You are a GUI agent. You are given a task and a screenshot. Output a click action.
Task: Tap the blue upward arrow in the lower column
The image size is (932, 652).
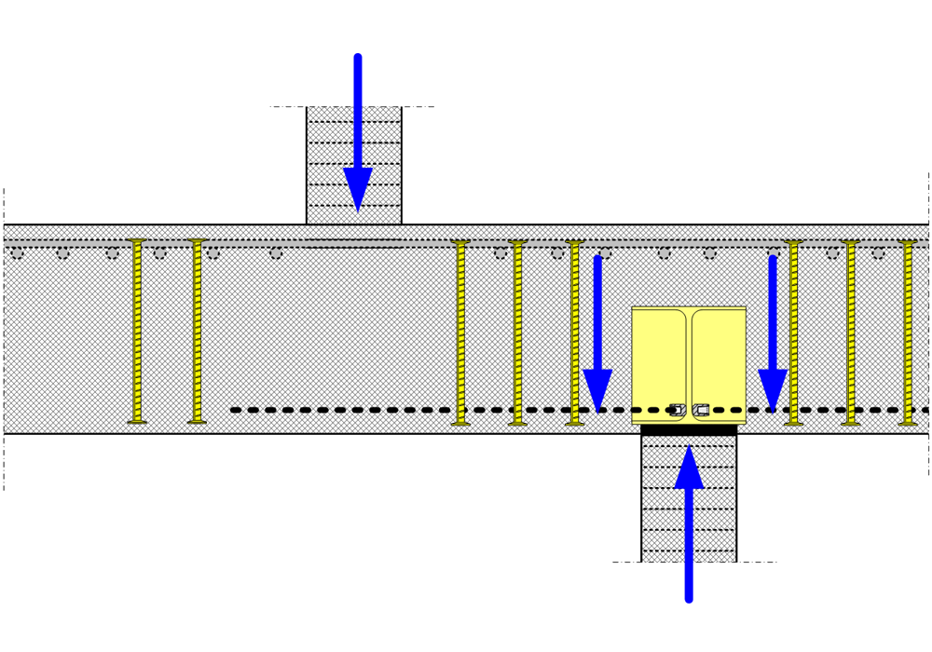coord(689,531)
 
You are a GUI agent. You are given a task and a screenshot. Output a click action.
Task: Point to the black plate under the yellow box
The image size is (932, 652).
coord(689,429)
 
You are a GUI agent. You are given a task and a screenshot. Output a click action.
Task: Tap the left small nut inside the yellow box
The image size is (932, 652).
coord(678,410)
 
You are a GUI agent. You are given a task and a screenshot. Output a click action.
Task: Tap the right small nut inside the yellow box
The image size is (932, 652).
coord(701,410)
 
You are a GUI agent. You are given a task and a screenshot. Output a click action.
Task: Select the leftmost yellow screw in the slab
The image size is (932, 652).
coord(137,331)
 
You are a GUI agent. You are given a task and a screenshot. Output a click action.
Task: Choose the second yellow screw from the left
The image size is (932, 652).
coord(197,331)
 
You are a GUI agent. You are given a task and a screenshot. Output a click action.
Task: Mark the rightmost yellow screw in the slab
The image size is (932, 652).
coord(908,331)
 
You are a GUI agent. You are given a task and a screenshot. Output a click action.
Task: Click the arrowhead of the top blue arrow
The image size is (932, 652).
coord(358,190)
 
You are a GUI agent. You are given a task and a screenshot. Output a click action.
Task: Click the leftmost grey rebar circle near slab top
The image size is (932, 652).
coord(17,252)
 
